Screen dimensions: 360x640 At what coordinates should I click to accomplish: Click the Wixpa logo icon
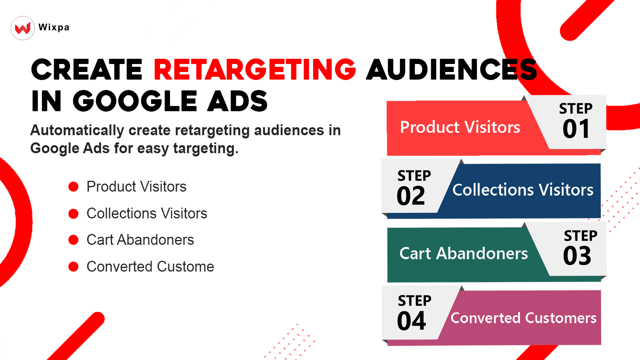[23, 28]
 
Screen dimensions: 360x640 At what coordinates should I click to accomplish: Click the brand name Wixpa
[54, 27]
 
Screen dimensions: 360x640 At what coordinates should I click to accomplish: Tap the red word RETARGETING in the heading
[255, 70]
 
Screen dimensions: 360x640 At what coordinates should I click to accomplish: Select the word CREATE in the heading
[87, 70]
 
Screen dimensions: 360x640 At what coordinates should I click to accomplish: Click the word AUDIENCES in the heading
[451, 70]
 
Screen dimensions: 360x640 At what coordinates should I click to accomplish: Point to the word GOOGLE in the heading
[135, 101]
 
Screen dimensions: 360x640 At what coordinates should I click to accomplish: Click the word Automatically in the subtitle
[77, 130]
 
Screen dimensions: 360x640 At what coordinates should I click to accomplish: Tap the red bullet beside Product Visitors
[74, 187]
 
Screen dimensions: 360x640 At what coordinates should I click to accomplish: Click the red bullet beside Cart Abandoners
[74, 240]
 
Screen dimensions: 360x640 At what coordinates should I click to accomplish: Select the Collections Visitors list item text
[147, 214]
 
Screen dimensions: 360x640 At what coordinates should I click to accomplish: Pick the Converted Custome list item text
[150, 267]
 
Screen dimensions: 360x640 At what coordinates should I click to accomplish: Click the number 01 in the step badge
[576, 129]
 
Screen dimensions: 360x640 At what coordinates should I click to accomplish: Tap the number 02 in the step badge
[411, 196]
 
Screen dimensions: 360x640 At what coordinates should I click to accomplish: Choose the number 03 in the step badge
[577, 256]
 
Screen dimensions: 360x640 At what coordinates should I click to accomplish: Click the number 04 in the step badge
[411, 321]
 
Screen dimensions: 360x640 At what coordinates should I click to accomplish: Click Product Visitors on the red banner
[460, 127]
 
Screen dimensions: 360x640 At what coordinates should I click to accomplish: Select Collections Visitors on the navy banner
[522, 190]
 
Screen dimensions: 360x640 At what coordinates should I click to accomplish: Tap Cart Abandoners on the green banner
[464, 254]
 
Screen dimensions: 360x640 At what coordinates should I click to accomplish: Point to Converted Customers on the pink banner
[523, 318]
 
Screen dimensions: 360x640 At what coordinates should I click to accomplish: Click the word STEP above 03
[580, 236]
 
